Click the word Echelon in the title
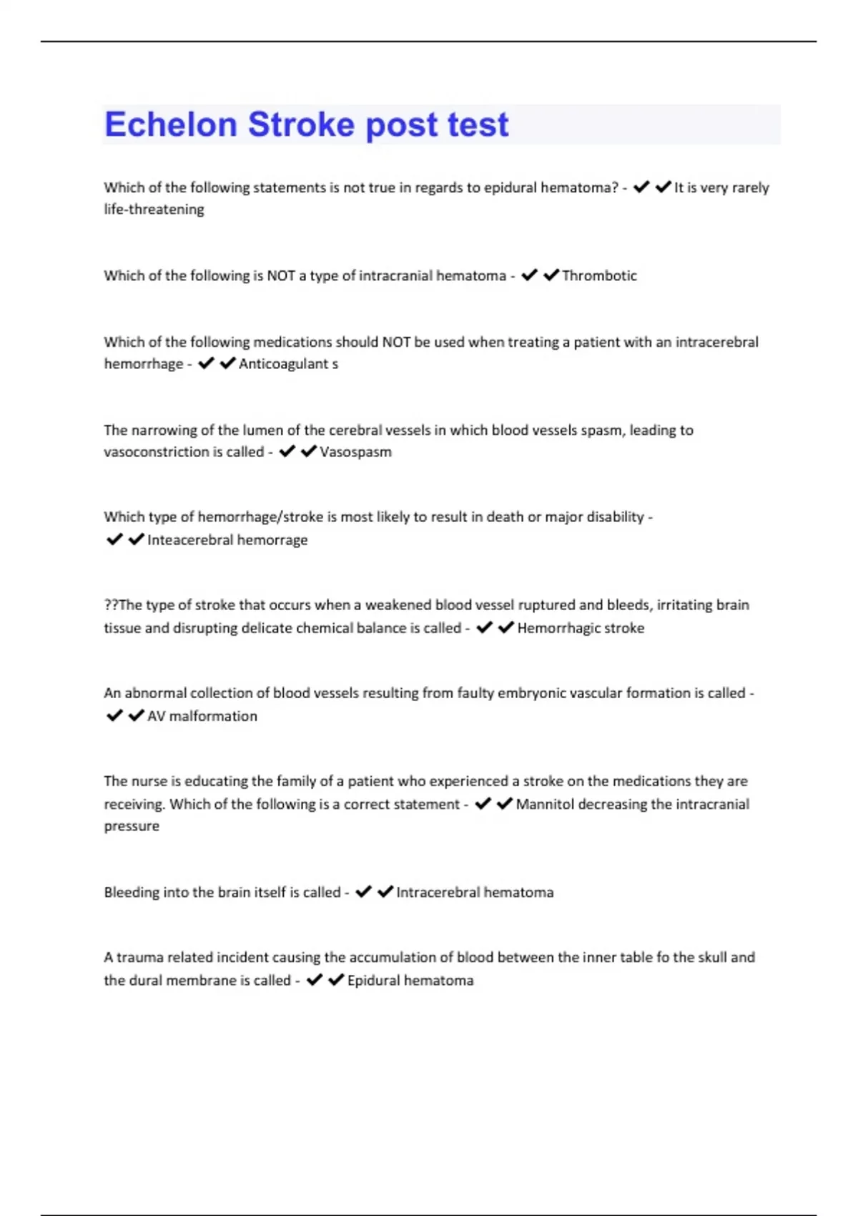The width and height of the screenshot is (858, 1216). pos(170,124)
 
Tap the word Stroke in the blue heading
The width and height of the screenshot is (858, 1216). pos(301,124)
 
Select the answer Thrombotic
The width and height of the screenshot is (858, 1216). pos(599,276)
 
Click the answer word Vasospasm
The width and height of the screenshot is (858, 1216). pos(355,452)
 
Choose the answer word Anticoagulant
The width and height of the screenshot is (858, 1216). pos(283,364)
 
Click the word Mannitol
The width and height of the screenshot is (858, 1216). pos(544,805)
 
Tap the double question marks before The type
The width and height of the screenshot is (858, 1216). pos(111,605)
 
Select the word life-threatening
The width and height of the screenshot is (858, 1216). pos(154,210)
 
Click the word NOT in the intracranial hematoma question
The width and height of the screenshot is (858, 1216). pos(281,276)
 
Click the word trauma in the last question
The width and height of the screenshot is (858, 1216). pos(139,958)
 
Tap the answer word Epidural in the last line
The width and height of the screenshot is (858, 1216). pos(373,981)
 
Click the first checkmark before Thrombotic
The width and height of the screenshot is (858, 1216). pos(529,275)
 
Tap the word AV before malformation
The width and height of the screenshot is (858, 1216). pos(156,716)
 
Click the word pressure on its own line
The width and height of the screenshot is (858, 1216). pos(132,826)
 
